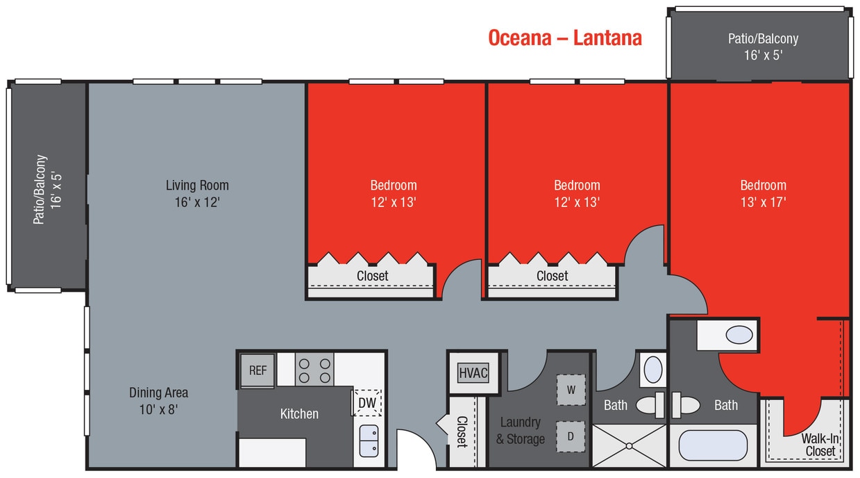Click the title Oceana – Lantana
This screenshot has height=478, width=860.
(564, 38)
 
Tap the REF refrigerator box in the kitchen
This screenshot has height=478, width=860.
(258, 370)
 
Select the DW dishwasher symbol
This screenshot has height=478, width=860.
(366, 402)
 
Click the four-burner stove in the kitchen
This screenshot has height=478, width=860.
(314, 369)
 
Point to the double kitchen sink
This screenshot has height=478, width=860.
(368, 440)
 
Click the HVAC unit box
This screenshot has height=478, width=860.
(473, 373)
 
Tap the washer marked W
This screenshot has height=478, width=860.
(571, 390)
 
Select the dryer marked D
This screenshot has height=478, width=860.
(571, 436)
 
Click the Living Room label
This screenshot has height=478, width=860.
(197, 186)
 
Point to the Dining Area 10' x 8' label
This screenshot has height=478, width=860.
(158, 401)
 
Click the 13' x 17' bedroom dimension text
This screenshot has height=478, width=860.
(763, 202)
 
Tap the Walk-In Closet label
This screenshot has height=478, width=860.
(820, 445)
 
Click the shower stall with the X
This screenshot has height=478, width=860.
(628, 445)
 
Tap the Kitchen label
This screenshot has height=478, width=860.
(299, 414)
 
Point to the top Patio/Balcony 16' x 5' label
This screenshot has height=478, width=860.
(763, 46)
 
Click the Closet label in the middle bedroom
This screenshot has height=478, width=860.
(552, 276)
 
